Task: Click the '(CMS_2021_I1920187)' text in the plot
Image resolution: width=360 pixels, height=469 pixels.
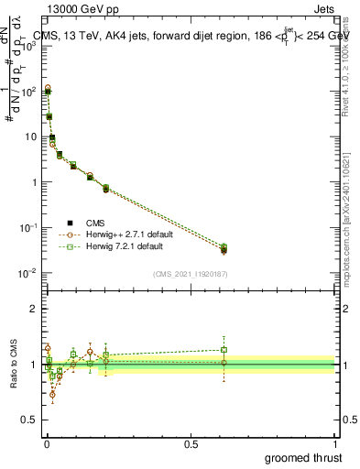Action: pyautogui.click(x=191, y=274)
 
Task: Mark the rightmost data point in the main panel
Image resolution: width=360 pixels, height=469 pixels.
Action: pyautogui.click(x=224, y=249)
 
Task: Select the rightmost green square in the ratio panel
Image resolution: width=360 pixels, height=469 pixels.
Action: pyautogui.click(x=224, y=349)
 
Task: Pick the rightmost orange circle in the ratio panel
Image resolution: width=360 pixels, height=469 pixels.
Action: pyautogui.click(x=224, y=363)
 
